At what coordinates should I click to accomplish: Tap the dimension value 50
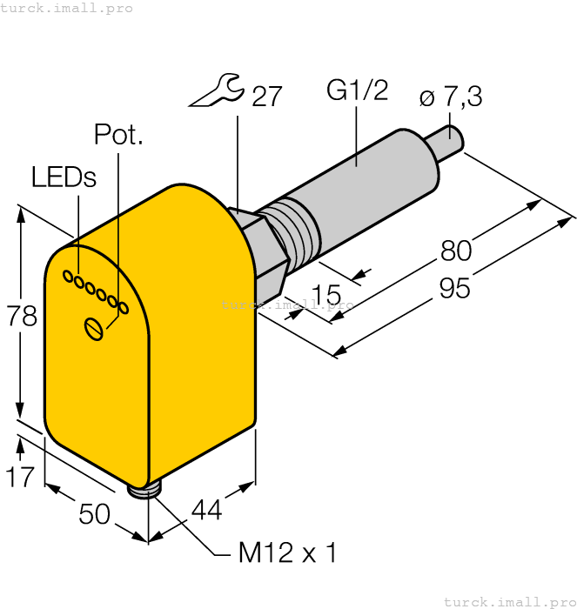(95, 514)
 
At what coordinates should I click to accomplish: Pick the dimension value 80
(456, 251)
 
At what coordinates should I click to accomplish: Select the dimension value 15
(325, 296)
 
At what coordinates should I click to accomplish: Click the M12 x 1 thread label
(286, 552)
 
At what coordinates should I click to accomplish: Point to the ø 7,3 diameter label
(450, 97)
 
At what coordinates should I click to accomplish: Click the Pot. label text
(117, 135)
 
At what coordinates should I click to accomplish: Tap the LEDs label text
(64, 177)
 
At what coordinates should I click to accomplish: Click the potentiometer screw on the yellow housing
(94, 328)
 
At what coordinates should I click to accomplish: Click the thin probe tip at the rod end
(450, 142)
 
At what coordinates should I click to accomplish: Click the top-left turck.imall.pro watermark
(67, 8)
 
